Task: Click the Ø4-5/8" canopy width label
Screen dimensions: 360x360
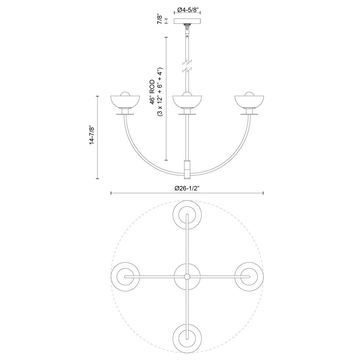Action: coord(187,10)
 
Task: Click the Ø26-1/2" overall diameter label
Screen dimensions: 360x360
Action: coord(187,188)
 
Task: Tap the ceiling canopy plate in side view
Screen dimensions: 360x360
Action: coord(187,22)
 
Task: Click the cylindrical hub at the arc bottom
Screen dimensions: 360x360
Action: coord(187,169)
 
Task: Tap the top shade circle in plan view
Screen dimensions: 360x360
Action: coord(187,215)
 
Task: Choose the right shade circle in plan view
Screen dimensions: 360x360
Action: coord(249,276)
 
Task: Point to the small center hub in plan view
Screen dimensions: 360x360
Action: coord(187,276)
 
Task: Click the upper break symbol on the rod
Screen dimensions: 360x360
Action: coord(187,62)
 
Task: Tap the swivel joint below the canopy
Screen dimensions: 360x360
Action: coord(187,29)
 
